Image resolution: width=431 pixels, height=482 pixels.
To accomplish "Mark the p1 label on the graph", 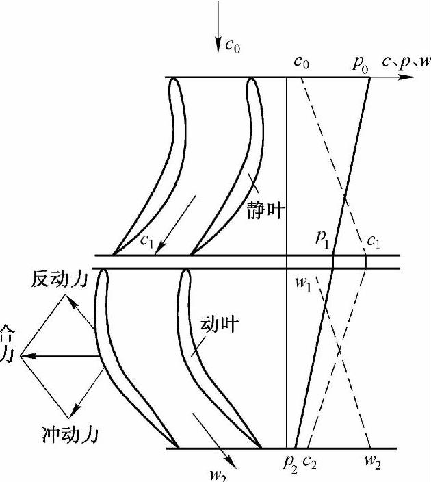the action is pos(322,239).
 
